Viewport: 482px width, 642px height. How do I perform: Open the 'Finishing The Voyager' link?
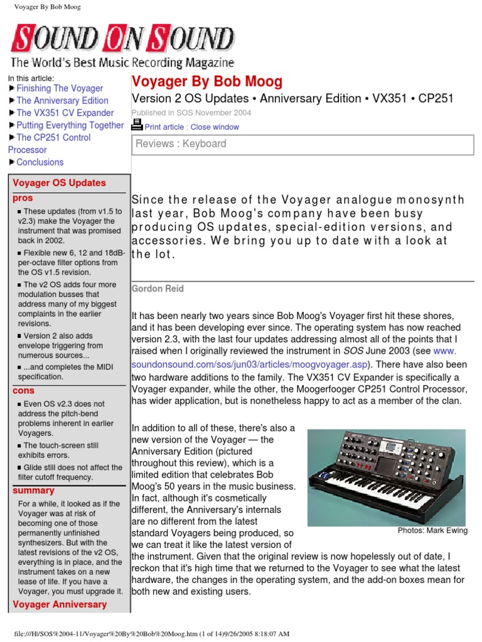[60, 88]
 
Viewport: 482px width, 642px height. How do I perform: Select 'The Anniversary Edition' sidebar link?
[62, 100]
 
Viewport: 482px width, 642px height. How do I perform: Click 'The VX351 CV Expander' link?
[65, 113]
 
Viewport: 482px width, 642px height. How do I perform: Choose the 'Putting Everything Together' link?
[70, 125]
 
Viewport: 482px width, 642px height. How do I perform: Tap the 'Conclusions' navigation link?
[40, 162]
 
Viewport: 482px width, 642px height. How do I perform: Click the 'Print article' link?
[164, 127]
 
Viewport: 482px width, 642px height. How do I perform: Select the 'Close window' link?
[215, 127]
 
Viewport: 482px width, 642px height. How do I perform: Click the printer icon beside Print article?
[137, 125]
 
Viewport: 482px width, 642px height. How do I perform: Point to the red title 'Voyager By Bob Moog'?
[206, 82]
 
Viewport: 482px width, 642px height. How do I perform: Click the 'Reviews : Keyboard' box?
[302, 144]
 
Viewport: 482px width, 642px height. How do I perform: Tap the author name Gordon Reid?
[158, 288]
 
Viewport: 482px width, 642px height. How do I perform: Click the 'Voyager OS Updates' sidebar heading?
[60, 183]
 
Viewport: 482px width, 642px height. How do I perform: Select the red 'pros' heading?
[23, 198]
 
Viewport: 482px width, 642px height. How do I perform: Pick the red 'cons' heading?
[24, 391]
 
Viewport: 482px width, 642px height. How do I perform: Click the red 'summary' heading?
[34, 490]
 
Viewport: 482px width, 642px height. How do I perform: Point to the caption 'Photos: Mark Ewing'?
[432, 531]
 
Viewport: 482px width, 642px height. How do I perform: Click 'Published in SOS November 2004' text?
[191, 113]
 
